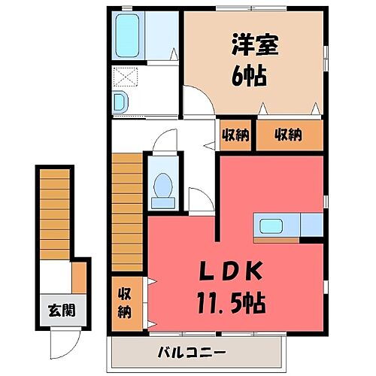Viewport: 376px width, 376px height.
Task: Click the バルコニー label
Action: (192, 352)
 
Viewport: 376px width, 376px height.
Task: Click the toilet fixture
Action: (162, 187)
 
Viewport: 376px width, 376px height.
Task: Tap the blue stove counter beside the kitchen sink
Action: (311, 224)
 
